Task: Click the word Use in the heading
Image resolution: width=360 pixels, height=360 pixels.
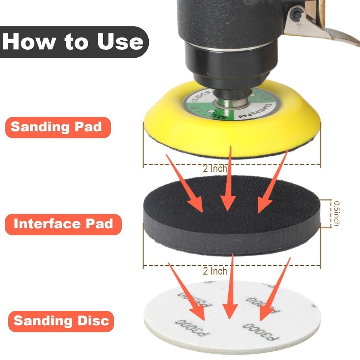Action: [120, 42]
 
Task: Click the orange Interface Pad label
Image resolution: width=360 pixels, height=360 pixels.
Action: [63, 224]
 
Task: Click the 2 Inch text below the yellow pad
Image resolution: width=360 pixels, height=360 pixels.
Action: [215, 168]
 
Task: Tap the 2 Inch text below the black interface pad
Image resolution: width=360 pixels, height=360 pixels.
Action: [215, 270]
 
